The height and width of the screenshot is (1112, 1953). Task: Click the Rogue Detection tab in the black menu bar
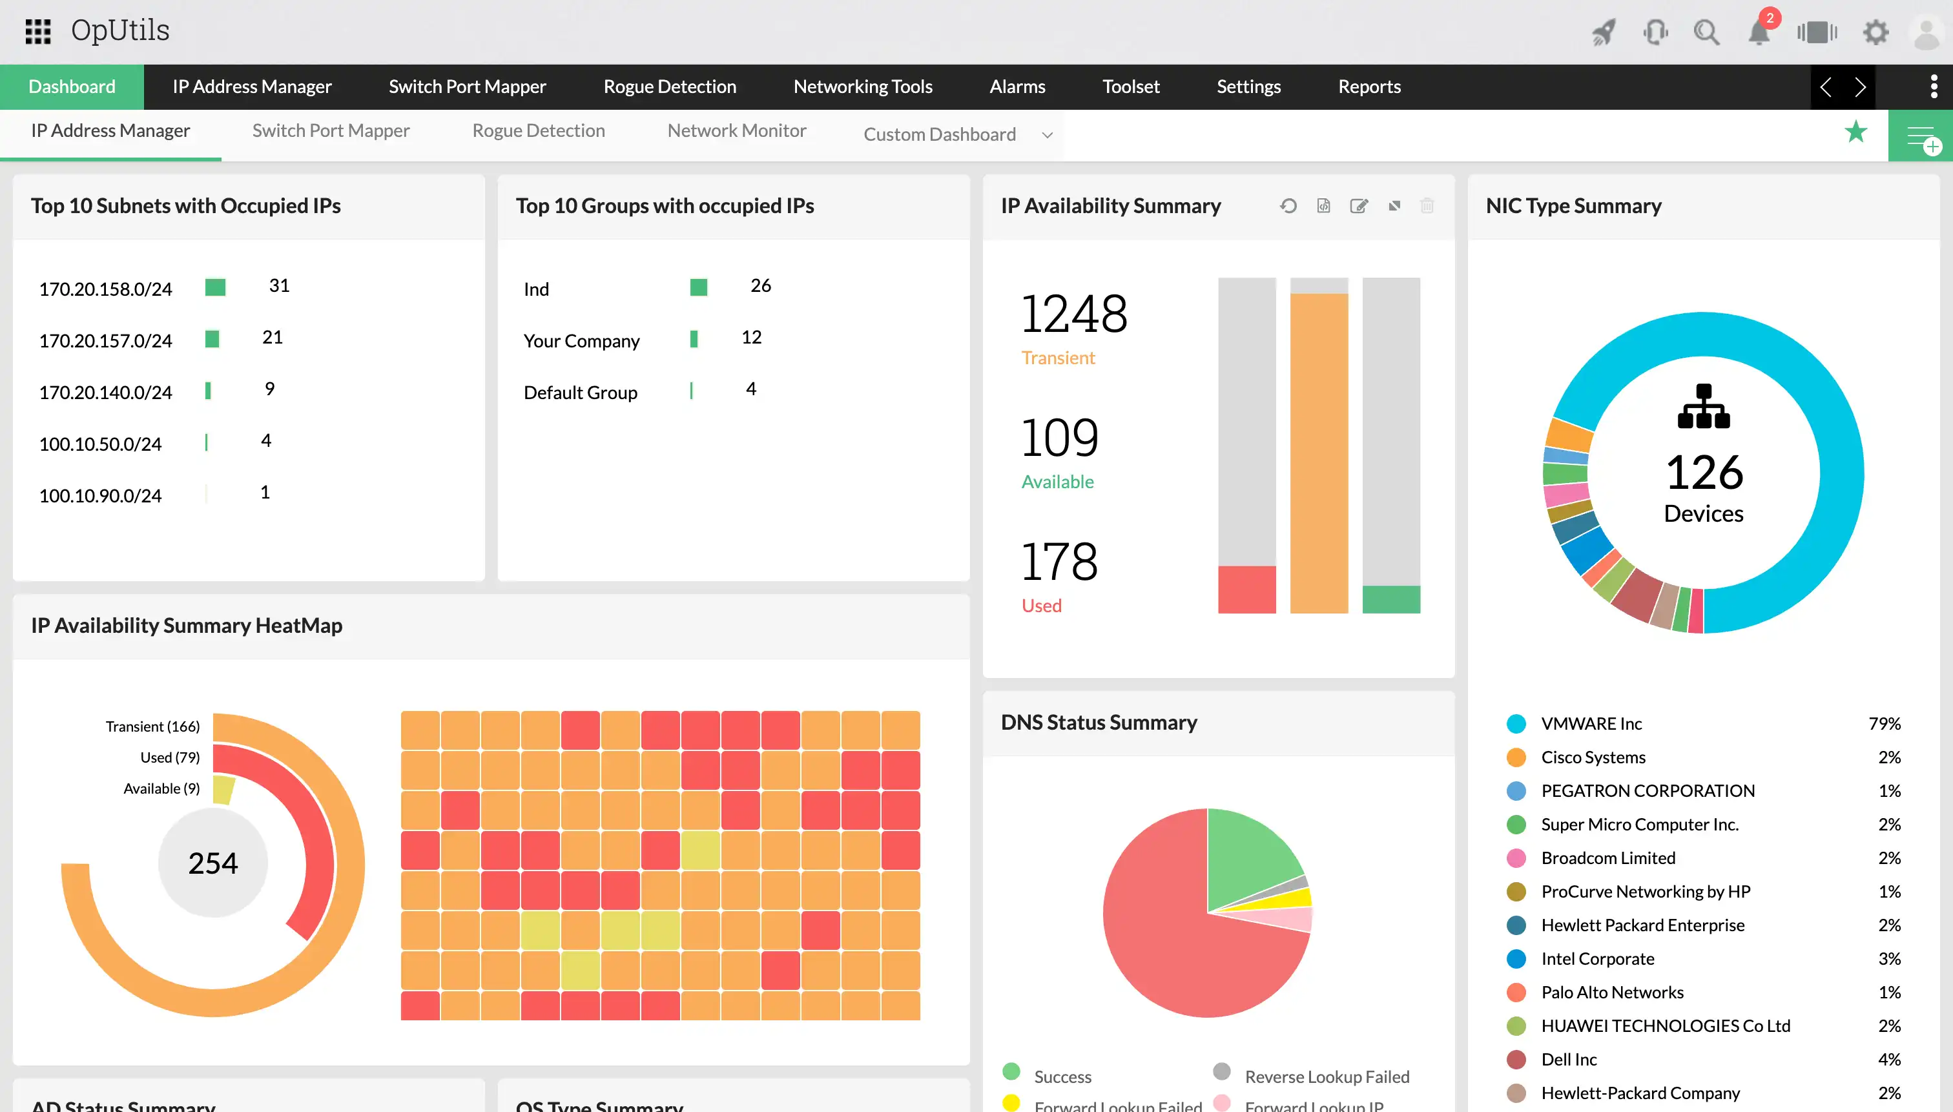669,87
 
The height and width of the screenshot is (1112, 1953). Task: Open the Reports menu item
1369,87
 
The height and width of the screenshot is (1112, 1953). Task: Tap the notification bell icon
1758,32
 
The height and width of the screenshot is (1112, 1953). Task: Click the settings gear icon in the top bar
1875,32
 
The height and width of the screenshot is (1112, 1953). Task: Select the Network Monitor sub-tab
736,130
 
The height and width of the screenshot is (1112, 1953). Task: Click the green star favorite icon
1855,132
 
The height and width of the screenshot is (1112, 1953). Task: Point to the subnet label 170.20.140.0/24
105,393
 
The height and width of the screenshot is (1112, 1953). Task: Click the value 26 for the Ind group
760,285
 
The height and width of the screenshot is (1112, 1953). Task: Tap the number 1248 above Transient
1073,314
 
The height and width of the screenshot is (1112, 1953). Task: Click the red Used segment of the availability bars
1246,589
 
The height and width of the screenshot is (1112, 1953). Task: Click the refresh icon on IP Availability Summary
1288,205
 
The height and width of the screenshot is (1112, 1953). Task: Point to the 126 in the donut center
1704,472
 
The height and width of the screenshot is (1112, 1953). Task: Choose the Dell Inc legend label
1569,1059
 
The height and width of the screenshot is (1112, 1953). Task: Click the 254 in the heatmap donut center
213,863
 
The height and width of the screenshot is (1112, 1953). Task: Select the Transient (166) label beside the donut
153,726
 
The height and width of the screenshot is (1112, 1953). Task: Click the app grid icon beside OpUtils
37,31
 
